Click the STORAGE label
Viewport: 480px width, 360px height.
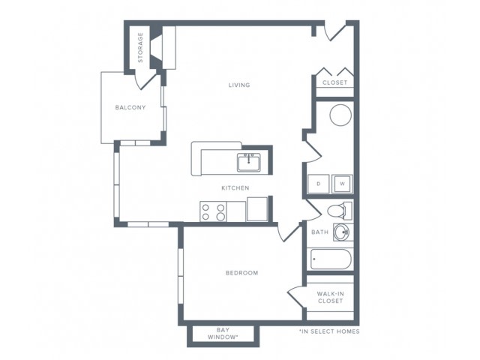(140, 47)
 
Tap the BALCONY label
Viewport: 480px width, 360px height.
(130, 107)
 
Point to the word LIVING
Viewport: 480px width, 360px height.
(239, 85)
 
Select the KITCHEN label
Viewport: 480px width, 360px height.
(235, 188)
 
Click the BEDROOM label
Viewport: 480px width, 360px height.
(241, 273)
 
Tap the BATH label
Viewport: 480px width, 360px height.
(320, 232)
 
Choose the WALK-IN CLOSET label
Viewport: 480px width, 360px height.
(330, 297)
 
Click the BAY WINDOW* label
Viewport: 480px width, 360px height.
(223, 334)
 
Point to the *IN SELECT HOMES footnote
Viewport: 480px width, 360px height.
(329, 331)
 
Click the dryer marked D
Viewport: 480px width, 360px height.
(319, 184)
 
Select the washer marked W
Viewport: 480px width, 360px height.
(342, 184)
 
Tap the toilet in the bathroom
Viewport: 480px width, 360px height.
(340, 211)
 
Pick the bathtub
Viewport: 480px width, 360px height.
(330, 259)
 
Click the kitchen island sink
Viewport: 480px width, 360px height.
(248, 163)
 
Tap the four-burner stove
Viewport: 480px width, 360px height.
(213, 211)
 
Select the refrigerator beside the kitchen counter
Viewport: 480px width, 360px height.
(257, 209)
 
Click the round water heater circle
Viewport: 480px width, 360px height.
(340, 115)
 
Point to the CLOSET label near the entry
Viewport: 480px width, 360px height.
(335, 82)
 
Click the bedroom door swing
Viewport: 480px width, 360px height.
(288, 233)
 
